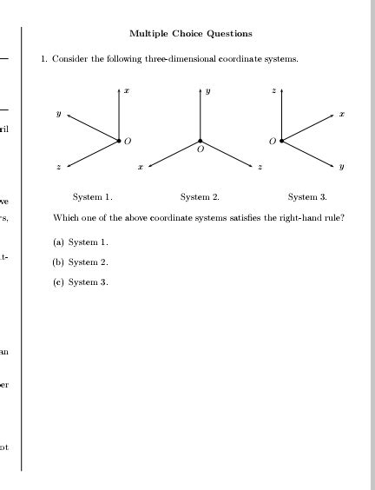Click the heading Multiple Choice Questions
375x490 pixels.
191,34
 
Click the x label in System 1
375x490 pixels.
126,90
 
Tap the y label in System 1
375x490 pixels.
59,112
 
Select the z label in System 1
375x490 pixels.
58,166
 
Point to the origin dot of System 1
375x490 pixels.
119,139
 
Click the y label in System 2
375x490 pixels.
207,90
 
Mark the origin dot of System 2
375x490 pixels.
201,140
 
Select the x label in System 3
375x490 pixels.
342,112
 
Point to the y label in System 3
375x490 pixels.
342,166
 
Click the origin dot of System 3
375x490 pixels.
281,139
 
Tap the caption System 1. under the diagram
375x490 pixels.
93,197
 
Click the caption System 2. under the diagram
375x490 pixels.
200,197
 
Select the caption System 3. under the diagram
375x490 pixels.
307,197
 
